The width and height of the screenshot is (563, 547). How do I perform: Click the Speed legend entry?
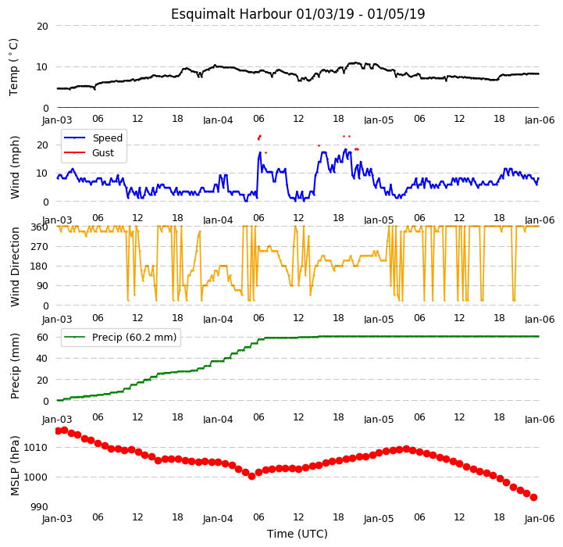(x=94, y=138)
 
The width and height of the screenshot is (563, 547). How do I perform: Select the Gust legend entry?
(x=89, y=152)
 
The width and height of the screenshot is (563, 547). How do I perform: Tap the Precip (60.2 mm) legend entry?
(x=120, y=337)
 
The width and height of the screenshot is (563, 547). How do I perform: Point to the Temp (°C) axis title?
(x=13, y=67)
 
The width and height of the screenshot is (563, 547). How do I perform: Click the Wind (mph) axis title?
(x=15, y=167)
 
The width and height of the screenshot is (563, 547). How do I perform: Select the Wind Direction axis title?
(x=15, y=266)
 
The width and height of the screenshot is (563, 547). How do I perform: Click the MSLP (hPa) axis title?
(x=15, y=466)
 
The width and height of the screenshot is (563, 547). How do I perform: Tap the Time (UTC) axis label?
(x=298, y=534)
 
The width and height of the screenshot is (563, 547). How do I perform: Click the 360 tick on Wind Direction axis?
(x=40, y=227)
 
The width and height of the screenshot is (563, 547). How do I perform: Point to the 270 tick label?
(x=40, y=247)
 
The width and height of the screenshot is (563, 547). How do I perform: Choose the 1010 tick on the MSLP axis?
(x=36, y=448)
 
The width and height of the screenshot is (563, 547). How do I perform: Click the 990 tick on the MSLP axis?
(x=39, y=506)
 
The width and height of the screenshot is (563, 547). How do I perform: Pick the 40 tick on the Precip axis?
(x=43, y=359)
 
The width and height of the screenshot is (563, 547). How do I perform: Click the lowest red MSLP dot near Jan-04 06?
(x=251, y=476)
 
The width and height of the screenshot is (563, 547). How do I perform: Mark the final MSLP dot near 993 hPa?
(x=533, y=498)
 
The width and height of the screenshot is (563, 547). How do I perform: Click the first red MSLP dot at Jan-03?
(x=58, y=431)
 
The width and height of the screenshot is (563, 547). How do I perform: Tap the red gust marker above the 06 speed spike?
(x=259, y=137)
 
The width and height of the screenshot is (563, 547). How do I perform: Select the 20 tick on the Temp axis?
(x=43, y=26)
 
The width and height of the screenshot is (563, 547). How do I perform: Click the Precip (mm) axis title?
(x=15, y=366)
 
